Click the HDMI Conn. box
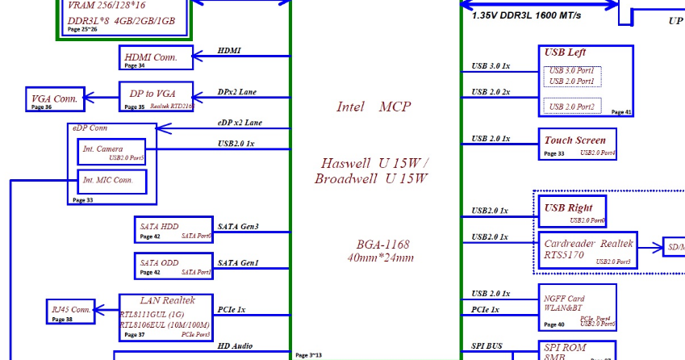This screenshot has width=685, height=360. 156,57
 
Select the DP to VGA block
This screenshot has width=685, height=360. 157,96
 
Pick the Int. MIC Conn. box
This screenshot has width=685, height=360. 112,181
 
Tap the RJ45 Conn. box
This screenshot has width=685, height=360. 71,310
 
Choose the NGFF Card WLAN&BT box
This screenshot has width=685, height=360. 576,307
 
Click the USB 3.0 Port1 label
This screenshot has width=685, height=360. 571,71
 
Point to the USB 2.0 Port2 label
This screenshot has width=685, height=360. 571,107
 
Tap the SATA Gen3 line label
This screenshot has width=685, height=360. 238,227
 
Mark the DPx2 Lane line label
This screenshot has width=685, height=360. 237,92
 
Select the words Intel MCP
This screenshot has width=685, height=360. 374,107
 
